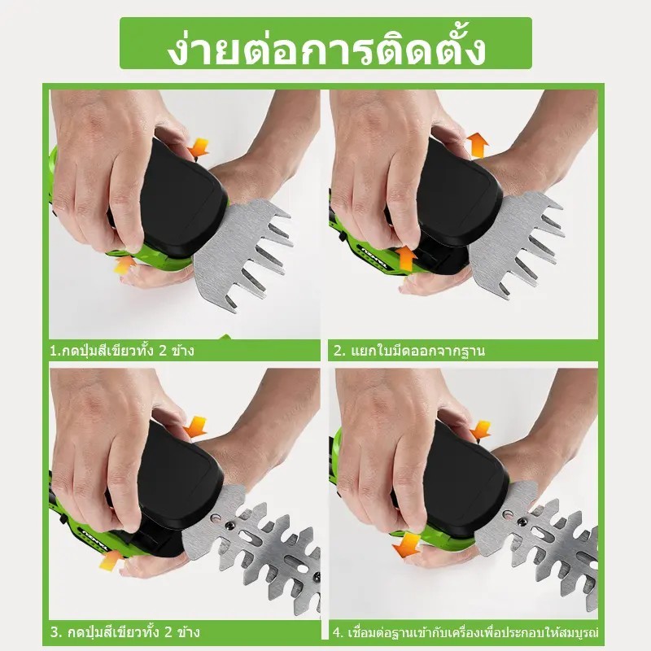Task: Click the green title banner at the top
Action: (x=325, y=43)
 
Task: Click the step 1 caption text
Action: (x=121, y=351)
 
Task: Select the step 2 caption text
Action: (x=409, y=352)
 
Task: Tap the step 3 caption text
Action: (x=125, y=632)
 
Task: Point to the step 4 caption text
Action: (x=465, y=632)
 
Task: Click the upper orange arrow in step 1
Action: (x=198, y=148)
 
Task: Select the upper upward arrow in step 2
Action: (x=479, y=146)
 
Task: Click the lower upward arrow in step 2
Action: (x=405, y=258)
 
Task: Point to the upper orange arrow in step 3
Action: (x=194, y=426)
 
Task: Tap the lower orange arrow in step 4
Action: (x=408, y=545)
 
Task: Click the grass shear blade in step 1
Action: (x=242, y=252)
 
